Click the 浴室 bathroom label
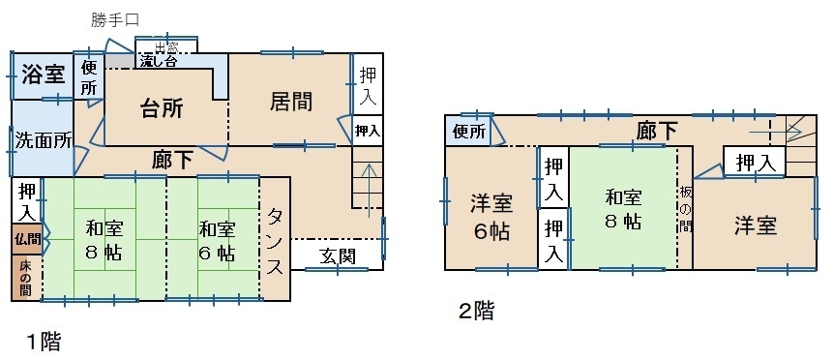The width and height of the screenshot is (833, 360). [x=44, y=75]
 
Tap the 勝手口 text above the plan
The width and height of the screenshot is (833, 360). [x=115, y=20]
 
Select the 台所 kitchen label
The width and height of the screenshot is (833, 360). [x=162, y=108]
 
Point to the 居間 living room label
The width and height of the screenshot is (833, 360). [x=290, y=102]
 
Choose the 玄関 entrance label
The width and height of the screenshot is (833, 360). [x=338, y=256]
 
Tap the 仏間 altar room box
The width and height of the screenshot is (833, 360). [x=27, y=239]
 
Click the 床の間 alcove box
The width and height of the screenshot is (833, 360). [x=26, y=278]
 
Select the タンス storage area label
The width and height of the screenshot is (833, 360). [x=275, y=242]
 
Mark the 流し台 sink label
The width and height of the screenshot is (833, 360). [x=159, y=61]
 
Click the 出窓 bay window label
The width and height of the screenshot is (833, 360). [x=166, y=46]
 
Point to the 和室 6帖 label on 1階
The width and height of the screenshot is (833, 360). [x=217, y=241]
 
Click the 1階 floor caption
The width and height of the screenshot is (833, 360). [x=44, y=341]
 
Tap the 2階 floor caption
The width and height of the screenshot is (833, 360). [x=477, y=311]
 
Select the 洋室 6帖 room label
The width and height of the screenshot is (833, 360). [x=491, y=217]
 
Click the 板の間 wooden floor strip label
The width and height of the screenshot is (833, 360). [x=685, y=209]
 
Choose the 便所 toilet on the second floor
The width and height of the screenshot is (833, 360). [x=470, y=132]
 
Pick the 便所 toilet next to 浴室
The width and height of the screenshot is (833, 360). [x=89, y=78]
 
